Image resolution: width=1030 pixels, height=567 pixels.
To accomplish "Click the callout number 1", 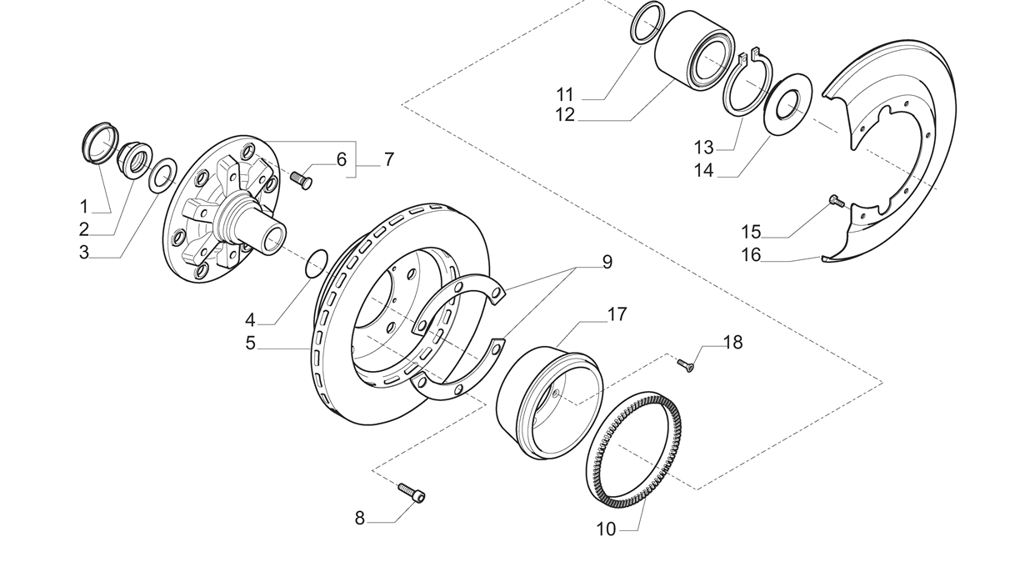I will point(83,206).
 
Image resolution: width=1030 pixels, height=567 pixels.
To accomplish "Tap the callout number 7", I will point(388,159).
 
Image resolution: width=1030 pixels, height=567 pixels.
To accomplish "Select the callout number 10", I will point(606,529).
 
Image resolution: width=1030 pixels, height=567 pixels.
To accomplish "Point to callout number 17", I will point(617,314).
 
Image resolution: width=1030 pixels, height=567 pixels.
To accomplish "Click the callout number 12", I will point(565,115).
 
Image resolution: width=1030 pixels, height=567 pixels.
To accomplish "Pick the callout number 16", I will point(751,254).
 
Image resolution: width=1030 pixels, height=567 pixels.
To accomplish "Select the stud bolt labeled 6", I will point(302,177).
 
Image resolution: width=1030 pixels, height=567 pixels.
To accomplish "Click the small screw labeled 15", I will point(836,200).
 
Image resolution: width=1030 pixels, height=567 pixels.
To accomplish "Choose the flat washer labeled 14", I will point(788,103).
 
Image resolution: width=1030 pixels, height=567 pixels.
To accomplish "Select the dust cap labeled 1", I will point(99,143).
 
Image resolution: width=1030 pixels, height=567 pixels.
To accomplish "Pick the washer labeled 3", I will point(162,173).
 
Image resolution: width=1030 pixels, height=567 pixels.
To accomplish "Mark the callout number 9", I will point(607,262).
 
